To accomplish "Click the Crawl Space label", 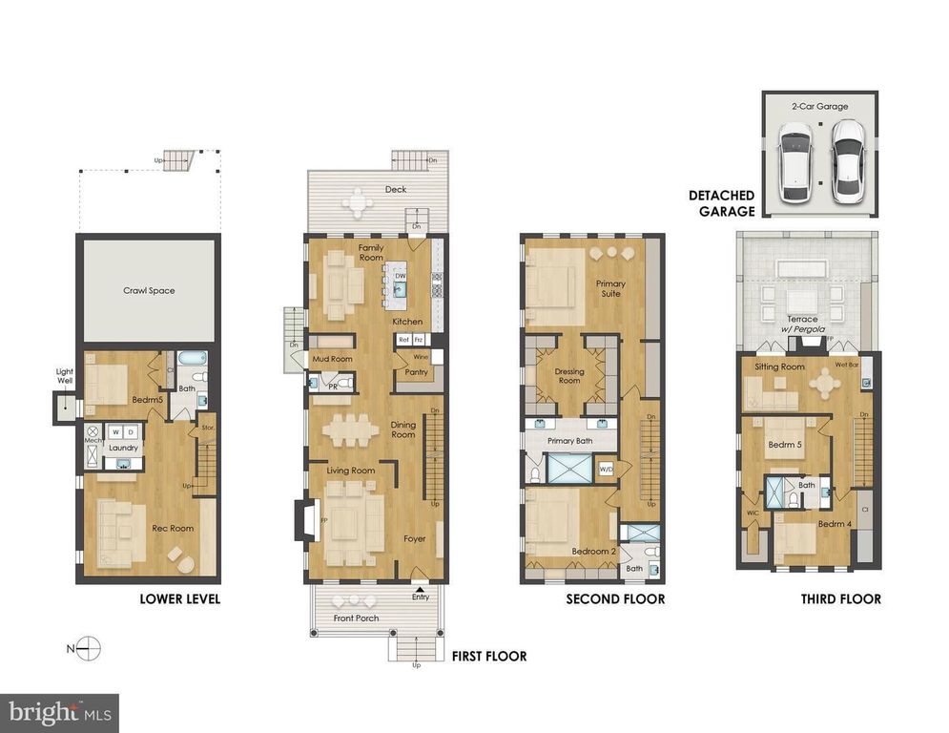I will tap(149, 290).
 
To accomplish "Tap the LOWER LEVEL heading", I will tap(180, 599).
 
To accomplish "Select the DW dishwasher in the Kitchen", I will tap(402, 277).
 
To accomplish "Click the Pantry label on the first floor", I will tap(416, 372).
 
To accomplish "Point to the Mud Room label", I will tap(333, 359).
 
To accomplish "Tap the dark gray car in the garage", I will tap(847, 161).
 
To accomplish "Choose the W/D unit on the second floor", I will tap(607, 469).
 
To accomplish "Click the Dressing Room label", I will tap(568, 375).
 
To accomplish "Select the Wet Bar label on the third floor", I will tap(847, 365).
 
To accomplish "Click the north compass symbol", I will tap(87, 649).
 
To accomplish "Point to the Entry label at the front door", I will tap(420, 597).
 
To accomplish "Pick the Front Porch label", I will tap(357, 618).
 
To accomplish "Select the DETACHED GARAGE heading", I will tap(721, 203).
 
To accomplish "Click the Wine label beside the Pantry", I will tap(421, 356).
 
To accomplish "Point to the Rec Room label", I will tap(173, 528).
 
